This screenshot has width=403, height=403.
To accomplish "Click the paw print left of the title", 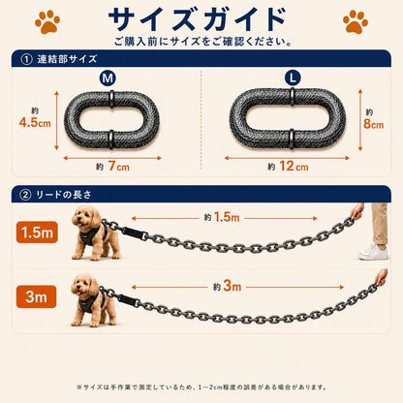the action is pyautogui.click(x=47, y=21).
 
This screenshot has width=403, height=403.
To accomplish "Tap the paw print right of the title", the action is pyautogui.click(x=356, y=21).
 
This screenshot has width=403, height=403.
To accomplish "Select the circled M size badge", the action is pyautogui.click(x=108, y=78).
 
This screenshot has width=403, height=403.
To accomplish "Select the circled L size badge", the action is pyautogui.click(x=293, y=77).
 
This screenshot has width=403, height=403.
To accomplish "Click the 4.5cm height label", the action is pyautogui.click(x=35, y=122).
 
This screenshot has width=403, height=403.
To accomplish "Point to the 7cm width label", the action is pyautogui.click(x=118, y=167).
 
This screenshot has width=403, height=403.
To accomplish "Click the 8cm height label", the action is pyautogui.click(x=374, y=124).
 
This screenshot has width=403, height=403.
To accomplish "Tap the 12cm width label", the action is pyautogui.click(x=294, y=167).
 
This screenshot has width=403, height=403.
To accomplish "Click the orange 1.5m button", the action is pyautogui.click(x=37, y=232).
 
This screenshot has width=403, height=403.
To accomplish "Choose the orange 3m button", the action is pyautogui.click(x=36, y=296).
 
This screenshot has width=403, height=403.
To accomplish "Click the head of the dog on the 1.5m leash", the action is pyautogui.click(x=86, y=218).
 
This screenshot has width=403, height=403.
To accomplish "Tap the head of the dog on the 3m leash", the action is pyautogui.click(x=84, y=285).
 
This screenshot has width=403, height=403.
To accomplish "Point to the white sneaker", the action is pyautogui.click(x=373, y=252).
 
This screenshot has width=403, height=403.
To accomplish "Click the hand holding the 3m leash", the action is pyautogui.click(x=382, y=277).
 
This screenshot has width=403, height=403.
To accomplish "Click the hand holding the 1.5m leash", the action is pyautogui.click(x=357, y=211).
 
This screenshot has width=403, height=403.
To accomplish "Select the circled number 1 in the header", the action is pyautogui.click(x=26, y=59).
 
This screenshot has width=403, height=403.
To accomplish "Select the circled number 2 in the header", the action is pyautogui.click(x=25, y=195).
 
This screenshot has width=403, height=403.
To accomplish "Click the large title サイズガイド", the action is pyautogui.click(x=198, y=19).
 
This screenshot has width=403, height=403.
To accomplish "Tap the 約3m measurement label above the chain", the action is pyautogui.click(x=228, y=286).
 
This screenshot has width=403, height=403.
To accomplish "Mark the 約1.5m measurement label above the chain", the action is pyautogui.click(x=222, y=217).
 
